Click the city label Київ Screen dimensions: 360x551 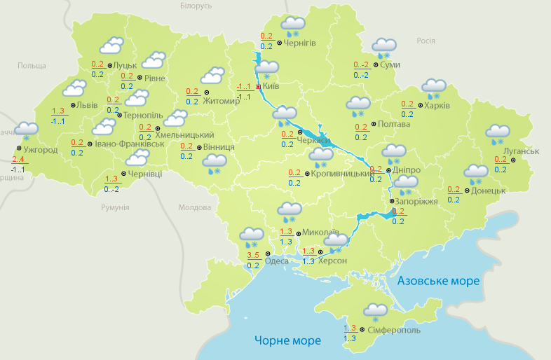pos(271,87)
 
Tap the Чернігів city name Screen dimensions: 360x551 pos(300,43)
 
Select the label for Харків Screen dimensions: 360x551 pos(437,106)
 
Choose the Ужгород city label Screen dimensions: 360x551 pos(40,150)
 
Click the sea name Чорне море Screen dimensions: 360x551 pos(287,340)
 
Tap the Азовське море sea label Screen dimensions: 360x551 pos(438,281)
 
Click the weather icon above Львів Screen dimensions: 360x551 pos(74,88)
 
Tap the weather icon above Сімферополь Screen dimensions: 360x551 pos(376,311)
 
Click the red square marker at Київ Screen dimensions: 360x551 pos(259,87)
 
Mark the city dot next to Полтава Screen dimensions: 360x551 pos(372,124)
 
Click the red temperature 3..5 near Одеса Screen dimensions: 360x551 pos(254,254)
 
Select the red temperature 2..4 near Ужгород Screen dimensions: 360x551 pos(18,159)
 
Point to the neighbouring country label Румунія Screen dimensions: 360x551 pos(115,208)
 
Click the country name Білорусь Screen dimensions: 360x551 pos(196,6)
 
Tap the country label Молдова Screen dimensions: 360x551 pos(194,208)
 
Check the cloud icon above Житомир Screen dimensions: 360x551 pos(212,74)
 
